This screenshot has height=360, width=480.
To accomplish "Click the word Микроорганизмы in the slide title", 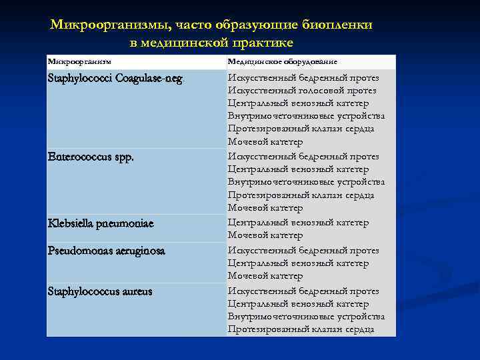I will (x=107, y=25).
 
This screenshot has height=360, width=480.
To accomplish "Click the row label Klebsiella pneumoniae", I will (x=101, y=223).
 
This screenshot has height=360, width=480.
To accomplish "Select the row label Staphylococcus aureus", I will (x=100, y=291).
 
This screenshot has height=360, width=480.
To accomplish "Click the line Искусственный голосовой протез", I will (x=301, y=90).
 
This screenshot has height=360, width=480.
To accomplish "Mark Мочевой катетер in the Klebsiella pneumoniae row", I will (x=265, y=235).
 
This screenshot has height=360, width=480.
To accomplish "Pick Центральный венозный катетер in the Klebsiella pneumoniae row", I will (x=297, y=223).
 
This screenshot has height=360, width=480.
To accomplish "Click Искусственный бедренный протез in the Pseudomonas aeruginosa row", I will (x=303, y=251).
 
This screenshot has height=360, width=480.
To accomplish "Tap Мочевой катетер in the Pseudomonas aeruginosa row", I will (x=265, y=275).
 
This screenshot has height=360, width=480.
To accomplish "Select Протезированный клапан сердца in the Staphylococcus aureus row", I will (x=300, y=329).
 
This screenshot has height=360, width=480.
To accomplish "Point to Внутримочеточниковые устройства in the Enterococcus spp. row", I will (x=305, y=182).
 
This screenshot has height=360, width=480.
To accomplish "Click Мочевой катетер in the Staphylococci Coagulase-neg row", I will (x=265, y=142).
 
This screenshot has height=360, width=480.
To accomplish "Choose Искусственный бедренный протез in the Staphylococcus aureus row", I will (x=303, y=291).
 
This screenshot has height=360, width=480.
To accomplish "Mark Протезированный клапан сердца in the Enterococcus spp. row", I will (x=300, y=195).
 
